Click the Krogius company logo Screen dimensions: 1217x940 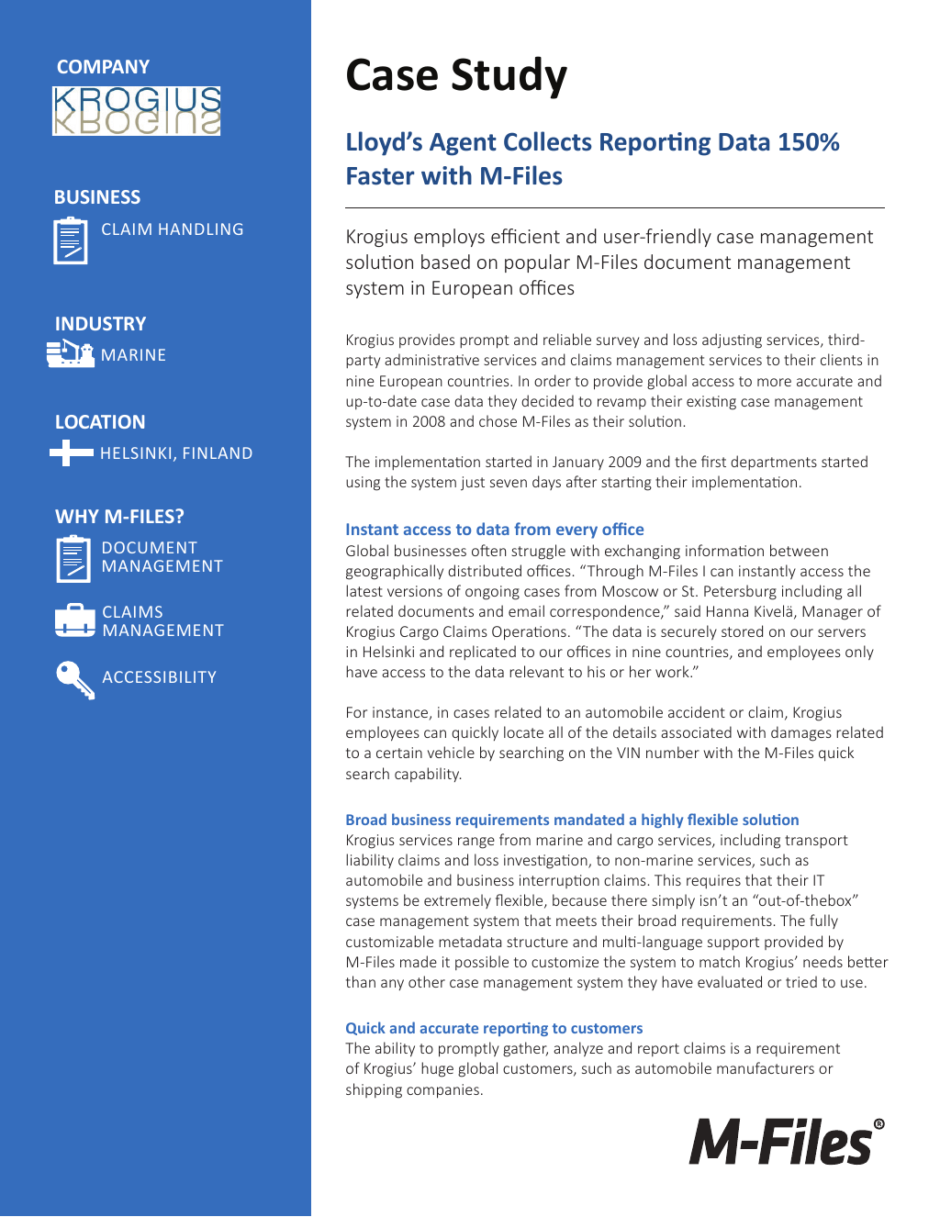(x=136, y=111)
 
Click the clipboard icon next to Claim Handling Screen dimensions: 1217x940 (x=71, y=240)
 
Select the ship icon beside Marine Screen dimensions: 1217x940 (x=71, y=353)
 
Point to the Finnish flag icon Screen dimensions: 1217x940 (x=72, y=452)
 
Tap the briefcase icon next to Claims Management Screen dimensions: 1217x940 (x=74, y=620)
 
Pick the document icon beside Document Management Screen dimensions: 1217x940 (x=73, y=558)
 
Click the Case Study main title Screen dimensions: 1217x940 (x=456, y=76)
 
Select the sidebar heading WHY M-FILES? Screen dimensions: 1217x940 (x=119, y=517)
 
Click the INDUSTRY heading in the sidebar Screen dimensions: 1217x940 (x=100, y=324)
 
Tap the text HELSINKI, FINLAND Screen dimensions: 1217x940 (x=176, y=453)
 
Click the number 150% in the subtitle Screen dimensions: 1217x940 (x=808, y=142)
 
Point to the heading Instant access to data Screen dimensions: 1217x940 (x=494, y=530)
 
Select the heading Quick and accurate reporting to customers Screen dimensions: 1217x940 (x=494, y=1028)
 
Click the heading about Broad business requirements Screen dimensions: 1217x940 (x=572, y=820)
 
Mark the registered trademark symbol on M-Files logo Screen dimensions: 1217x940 (x=878, y=1124)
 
